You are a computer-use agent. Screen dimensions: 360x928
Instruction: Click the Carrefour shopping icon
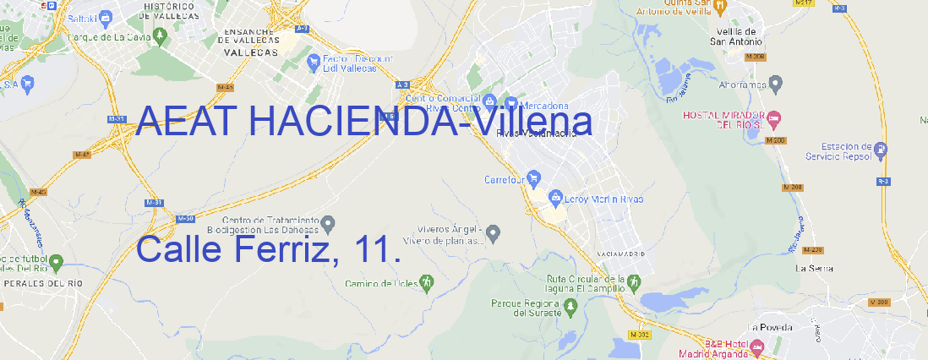point(536,179)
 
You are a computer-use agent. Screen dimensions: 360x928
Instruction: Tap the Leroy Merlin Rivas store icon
point(555,199)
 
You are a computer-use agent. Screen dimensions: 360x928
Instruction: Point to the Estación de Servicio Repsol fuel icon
point(882,150)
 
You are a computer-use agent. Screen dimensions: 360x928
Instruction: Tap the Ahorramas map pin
point(777,84)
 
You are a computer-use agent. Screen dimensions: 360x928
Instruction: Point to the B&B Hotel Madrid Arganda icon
point(757,346)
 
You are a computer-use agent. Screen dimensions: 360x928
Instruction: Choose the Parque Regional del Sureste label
point(526,307)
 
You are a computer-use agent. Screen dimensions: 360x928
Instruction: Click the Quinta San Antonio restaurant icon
point(719,7)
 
